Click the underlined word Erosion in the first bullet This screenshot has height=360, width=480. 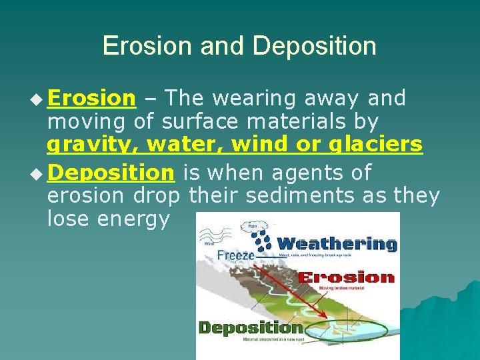[x=91, y=99]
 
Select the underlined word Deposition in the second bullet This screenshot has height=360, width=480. [x=111, y=173]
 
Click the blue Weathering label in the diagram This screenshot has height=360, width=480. [x=337, y=243]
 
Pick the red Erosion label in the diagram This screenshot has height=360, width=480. [x=346, y=277]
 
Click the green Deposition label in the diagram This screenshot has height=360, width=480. [x=251, y=327]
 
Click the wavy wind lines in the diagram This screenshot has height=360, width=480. [x=215, y=235]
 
